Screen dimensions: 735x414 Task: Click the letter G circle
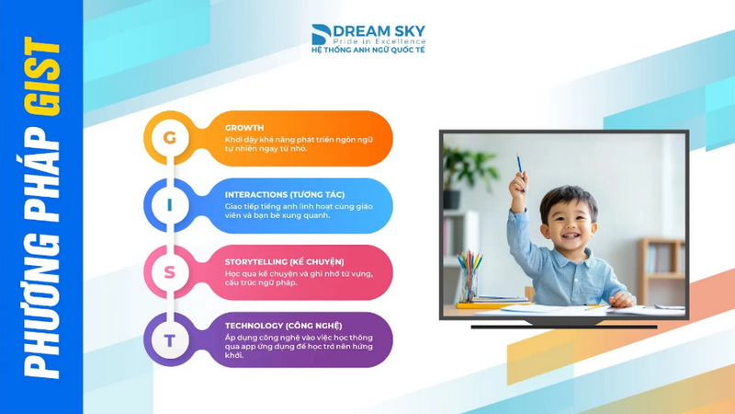[x=170, y=137]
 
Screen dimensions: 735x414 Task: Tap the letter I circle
[x=170, y=205]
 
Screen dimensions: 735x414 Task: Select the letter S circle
[x=170, y=272]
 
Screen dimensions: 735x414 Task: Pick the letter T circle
[x=170, y=339]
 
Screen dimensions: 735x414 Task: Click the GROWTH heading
[x=244, y=128]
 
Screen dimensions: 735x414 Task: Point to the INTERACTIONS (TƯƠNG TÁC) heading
[x=285, y=194]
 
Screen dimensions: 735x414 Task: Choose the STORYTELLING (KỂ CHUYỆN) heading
[x=284, y=262]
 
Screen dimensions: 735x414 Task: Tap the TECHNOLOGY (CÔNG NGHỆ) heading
[x=283, y=326]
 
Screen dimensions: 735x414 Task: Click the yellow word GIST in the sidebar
[x=42, y=76]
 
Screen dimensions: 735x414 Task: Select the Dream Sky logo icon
[x=321, y=34]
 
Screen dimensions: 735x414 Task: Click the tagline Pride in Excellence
[x=379, y=41]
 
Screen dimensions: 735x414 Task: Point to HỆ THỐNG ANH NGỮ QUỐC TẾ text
[x=368, y=50]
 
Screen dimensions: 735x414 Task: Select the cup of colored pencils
[x=469, y=277]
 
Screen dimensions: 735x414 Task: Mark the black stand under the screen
[x=564, y=325]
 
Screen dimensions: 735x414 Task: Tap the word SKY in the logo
[x=408, y=31]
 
